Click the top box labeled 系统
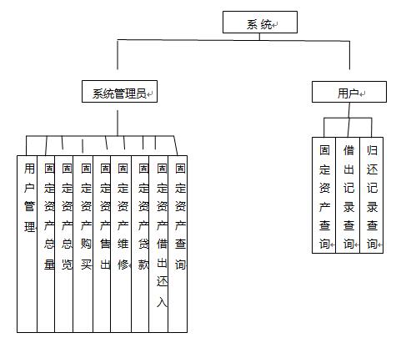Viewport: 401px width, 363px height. (260, 22)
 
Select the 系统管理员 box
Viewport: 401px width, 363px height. (119, 91)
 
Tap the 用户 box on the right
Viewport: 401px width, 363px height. (349, 92)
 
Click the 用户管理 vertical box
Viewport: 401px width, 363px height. (27, 244)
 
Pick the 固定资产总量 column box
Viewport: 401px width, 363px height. (46, 244)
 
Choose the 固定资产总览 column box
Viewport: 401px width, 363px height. (64, 244)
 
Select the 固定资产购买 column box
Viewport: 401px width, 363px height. (83, 244)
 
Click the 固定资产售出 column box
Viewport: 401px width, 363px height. (102, 244)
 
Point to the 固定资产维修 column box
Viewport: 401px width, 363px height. (121, 244)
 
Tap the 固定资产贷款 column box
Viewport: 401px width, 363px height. (140, 244)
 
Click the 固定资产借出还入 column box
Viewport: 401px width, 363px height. (158, 244)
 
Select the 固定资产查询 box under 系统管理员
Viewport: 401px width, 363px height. (178, 244)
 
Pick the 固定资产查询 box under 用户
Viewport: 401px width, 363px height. (323, 195)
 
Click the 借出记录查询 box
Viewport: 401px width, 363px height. (348, 195)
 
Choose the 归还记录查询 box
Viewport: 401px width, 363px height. (372, 195)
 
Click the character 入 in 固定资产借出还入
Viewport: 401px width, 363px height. (162, 301)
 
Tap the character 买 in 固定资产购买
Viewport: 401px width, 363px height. (86, 264)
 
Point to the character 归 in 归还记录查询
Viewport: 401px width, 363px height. (372, 150)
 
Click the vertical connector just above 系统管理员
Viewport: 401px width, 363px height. (118, 55)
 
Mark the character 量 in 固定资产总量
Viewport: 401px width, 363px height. (49, 264)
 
